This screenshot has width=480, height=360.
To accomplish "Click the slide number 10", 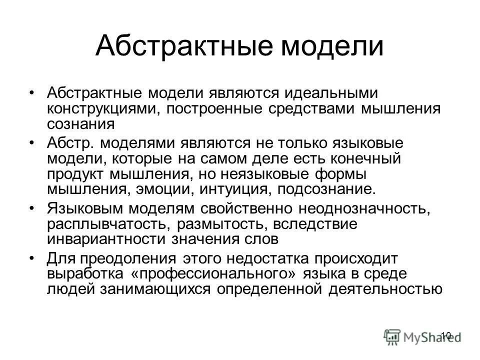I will [x=446, y=335].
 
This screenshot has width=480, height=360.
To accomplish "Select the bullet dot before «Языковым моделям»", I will [x=33, y=207].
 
